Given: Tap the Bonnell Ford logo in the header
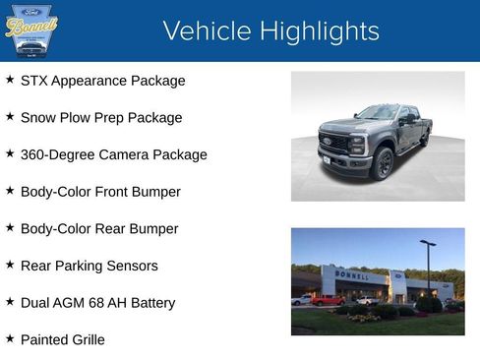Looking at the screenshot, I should click(31, 30).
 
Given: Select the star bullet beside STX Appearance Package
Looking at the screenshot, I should click(10, 80).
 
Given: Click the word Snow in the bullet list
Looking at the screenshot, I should click(38, 118).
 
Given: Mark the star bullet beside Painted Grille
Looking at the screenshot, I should click(10, 339).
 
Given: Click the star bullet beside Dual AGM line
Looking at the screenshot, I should click(10, 302).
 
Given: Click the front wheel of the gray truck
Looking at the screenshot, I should click(383, 162).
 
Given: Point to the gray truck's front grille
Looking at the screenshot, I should click(334, 144).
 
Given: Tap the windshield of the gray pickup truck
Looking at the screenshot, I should click(377, 113).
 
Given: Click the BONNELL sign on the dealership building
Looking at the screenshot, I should click(351, 274).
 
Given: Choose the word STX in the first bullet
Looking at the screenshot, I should click(36, 81).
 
